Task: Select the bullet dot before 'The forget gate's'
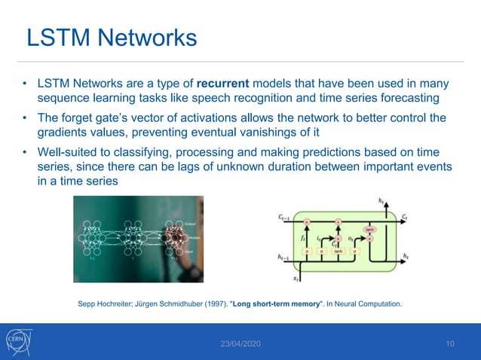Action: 26,117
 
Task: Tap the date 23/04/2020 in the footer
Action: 240,344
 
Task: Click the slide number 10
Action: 450,344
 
